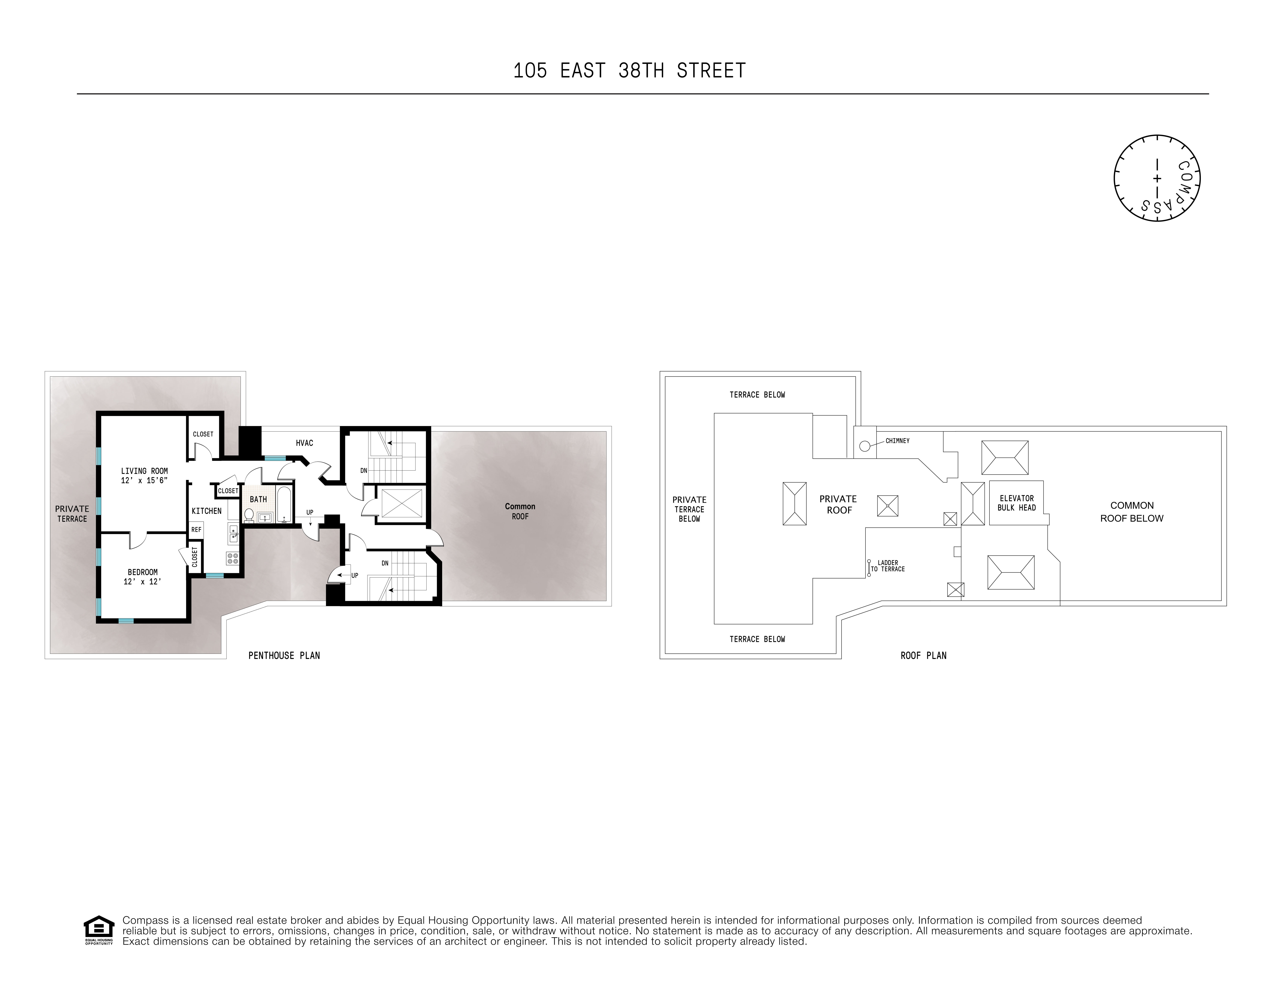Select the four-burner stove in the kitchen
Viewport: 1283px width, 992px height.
233,558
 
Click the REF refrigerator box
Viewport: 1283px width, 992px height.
196,529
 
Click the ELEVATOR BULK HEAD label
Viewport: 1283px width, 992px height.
1016,503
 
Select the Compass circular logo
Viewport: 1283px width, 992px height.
1157,178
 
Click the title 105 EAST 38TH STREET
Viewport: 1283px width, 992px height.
629,70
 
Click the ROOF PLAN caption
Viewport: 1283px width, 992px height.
924,655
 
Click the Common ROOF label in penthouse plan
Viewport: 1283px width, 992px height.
520,511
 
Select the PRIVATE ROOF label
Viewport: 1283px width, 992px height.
838,504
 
